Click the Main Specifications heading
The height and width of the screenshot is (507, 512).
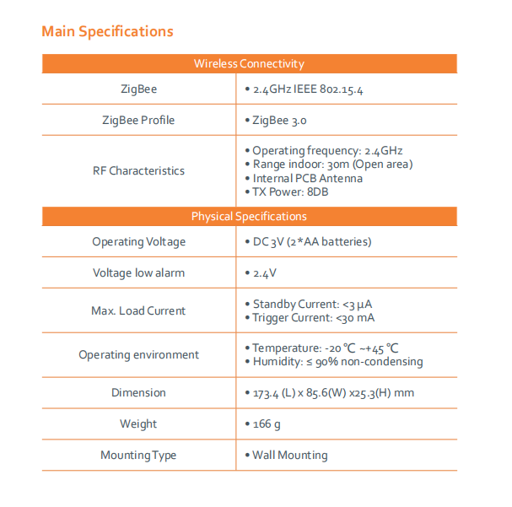coord(107,32)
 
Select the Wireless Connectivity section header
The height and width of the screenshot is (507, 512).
coord(249,64)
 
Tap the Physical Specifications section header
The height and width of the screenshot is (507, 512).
coord(249,217)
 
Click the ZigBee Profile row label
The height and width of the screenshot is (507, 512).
coord(138,121)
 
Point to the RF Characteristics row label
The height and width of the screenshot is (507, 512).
coord(138,170)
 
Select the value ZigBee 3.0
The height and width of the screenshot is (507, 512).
coord(280,121)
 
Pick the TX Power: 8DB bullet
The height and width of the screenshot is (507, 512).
coord(291,191)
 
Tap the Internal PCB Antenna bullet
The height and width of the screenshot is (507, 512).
coord(308,178)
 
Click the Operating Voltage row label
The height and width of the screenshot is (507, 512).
coord(138,242)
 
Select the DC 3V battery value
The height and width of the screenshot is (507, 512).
coord(312,242)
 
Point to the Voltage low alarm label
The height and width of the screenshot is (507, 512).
coord(138,273)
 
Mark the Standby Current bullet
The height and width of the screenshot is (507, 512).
coord(314,304)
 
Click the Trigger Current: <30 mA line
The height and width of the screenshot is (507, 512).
coord(314,318)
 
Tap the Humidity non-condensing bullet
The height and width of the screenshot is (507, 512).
coord(337,362)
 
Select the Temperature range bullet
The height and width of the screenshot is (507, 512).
coord(326,348)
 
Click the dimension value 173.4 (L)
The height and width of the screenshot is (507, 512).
coord(333,393)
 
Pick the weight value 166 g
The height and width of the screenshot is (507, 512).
coord(267,424)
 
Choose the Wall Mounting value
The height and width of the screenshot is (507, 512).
coord(290,456)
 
